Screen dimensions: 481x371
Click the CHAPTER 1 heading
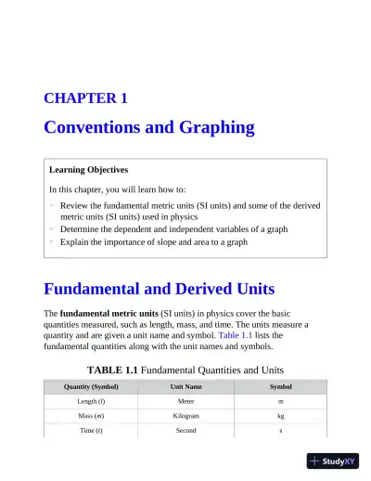coord(85,97)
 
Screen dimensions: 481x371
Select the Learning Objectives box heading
coord(88,170)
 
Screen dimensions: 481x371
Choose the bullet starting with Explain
coord(153,241)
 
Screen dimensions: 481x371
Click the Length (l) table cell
coord(91,401)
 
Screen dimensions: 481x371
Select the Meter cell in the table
coord(185,401)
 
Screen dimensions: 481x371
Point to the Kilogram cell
coord(185,416)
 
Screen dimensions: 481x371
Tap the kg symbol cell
coord(280,416)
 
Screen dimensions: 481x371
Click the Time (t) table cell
coord(91,431)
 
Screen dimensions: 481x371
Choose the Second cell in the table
coord(185,431)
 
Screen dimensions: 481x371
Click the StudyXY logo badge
coord(332,460)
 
